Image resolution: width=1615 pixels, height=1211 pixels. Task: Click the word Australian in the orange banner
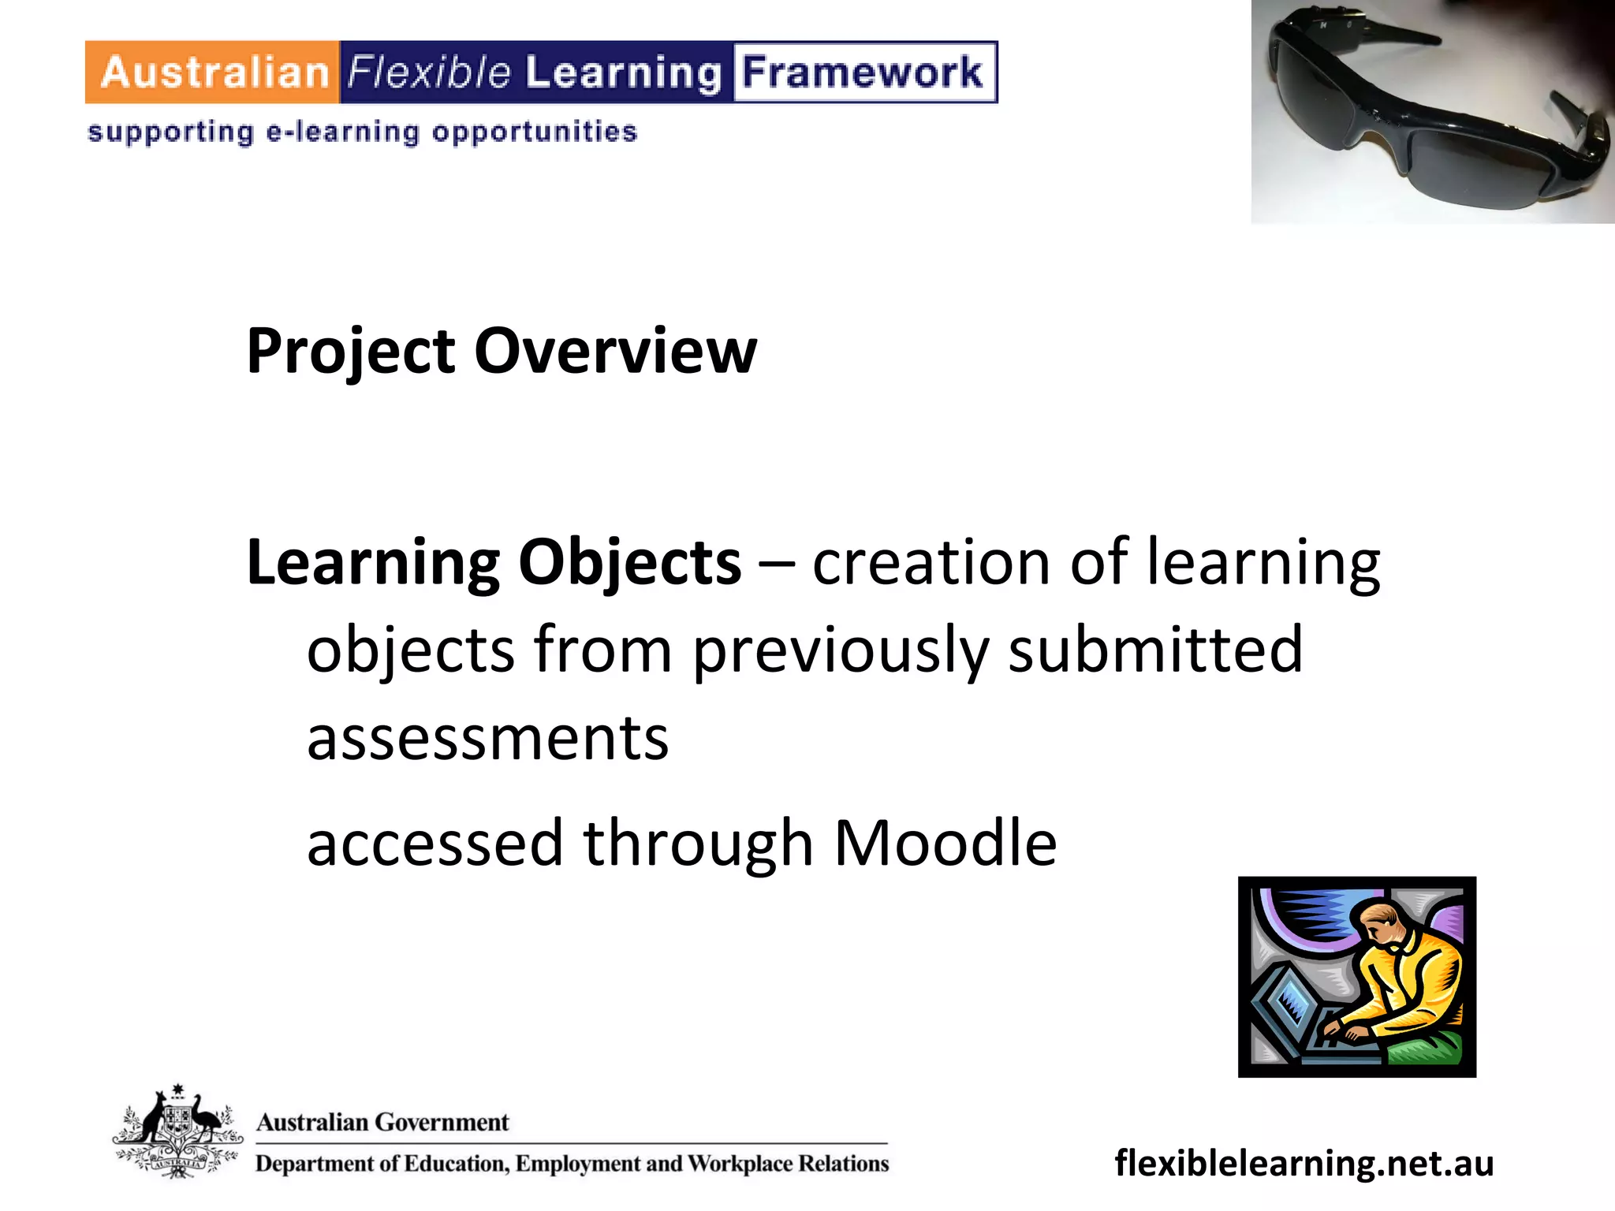coord(214,73)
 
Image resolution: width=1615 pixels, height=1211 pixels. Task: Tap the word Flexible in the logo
coord(429,73)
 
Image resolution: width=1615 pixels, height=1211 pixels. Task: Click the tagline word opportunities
coord(535,132)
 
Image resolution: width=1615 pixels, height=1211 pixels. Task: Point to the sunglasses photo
coord(1433,112)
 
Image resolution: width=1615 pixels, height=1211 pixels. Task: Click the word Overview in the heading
coord(615,351)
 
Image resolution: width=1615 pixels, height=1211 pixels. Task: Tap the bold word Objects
coord(630,563)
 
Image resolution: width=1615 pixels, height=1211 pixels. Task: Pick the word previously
coord(841,651)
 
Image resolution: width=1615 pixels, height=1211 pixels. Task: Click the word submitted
coord(1155,650)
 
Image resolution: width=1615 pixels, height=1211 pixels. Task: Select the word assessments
coord(487,739)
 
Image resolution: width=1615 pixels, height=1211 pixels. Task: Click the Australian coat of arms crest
coord(177,1132)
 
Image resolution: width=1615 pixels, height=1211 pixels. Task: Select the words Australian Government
coord(382,1122)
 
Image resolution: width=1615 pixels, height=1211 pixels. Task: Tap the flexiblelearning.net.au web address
coord(1304,1163)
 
